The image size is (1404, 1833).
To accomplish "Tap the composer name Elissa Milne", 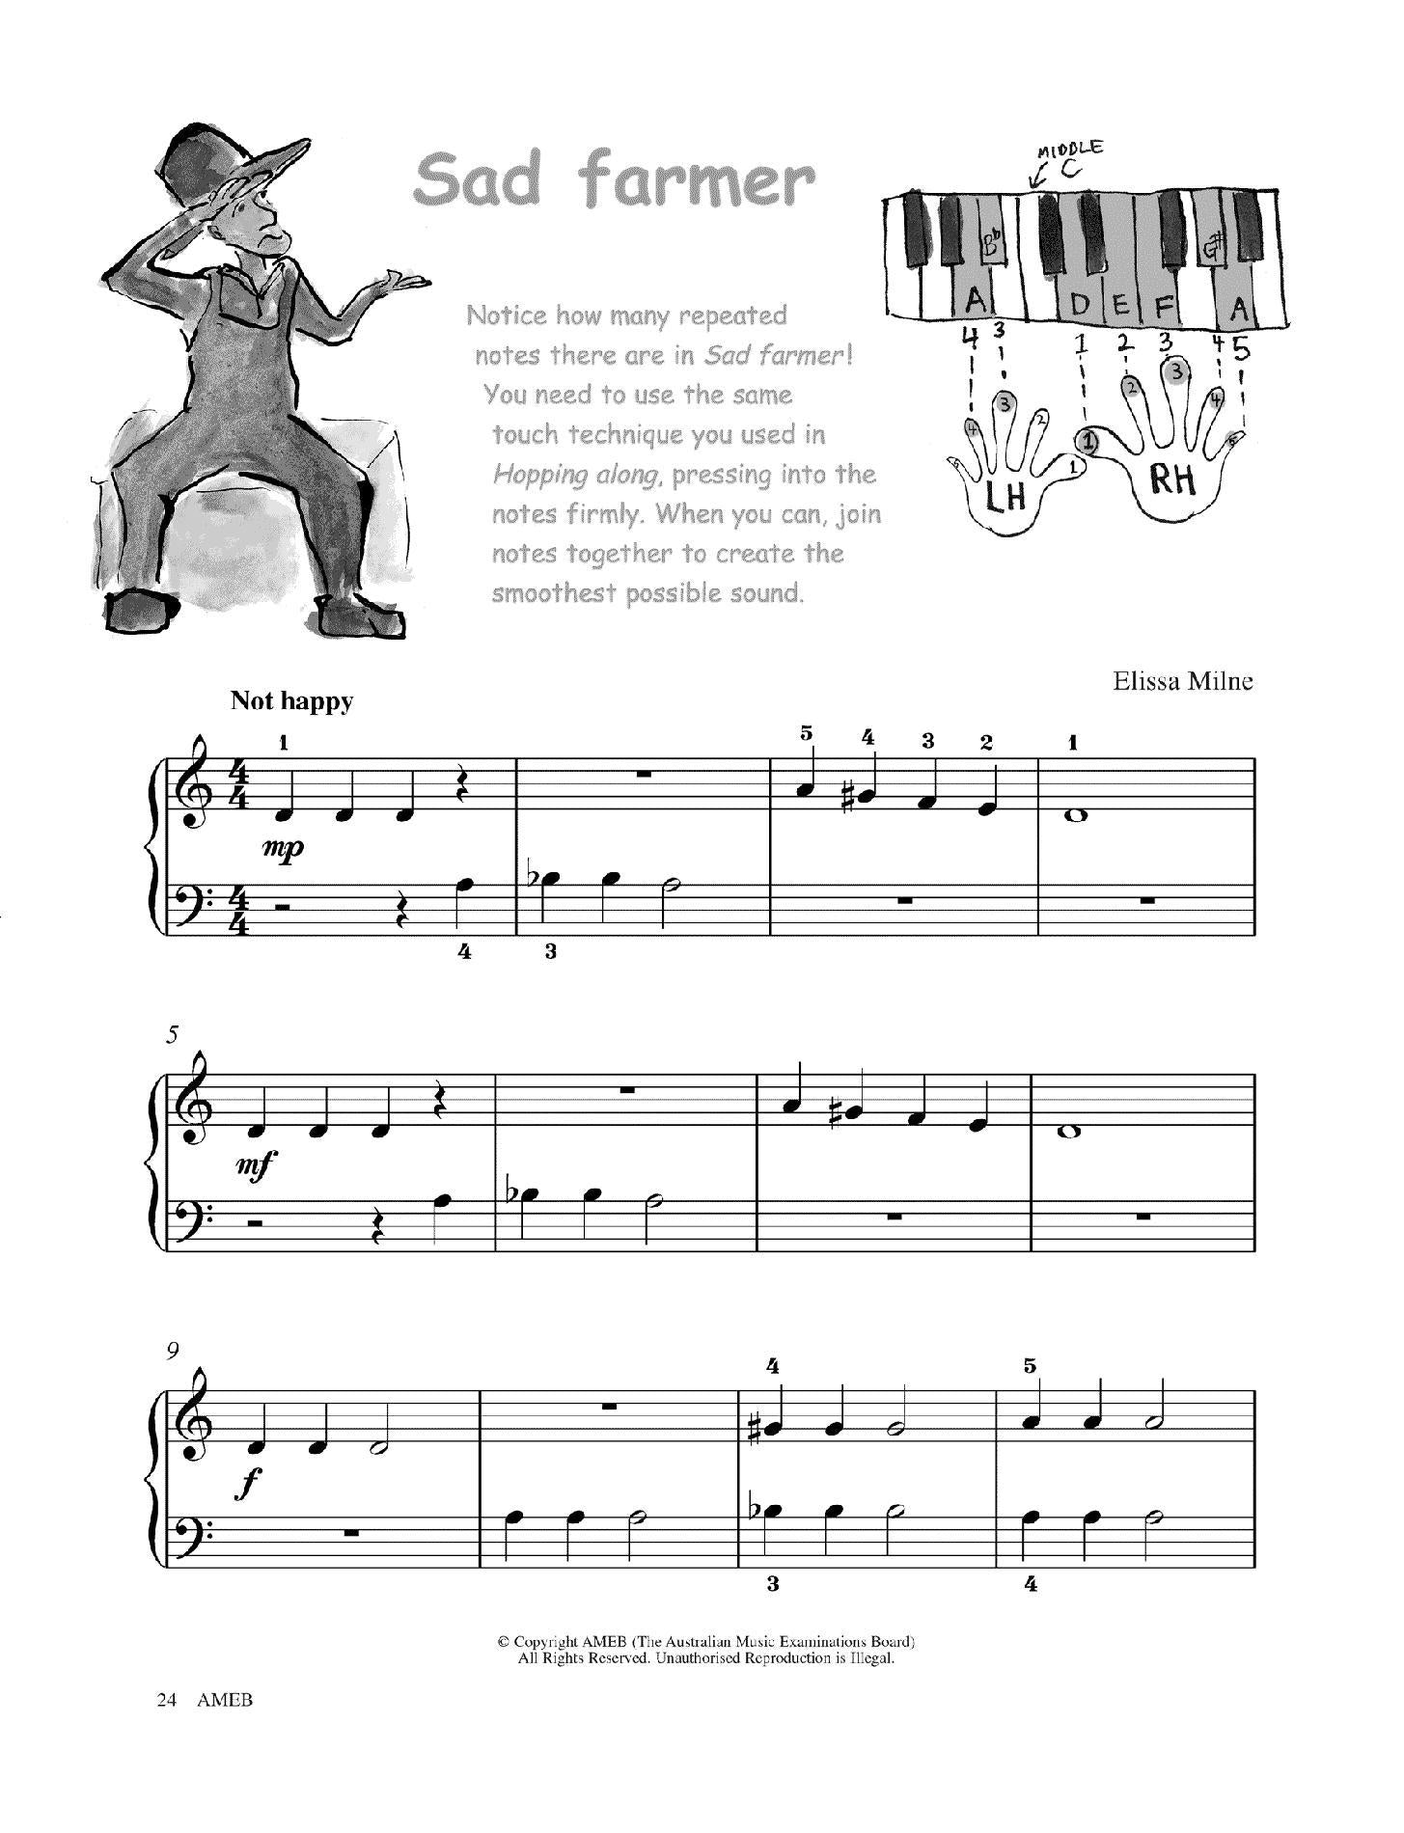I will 1182,682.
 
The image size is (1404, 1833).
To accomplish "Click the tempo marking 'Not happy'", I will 291,701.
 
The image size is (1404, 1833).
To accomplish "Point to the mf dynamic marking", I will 257,1165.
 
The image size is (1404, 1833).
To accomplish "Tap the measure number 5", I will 172,1035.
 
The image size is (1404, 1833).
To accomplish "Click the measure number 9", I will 173,1351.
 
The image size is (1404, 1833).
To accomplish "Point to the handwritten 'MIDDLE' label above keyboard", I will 1069,150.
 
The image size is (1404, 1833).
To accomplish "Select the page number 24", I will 166,1727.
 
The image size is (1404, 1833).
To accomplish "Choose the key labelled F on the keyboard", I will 1163,308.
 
